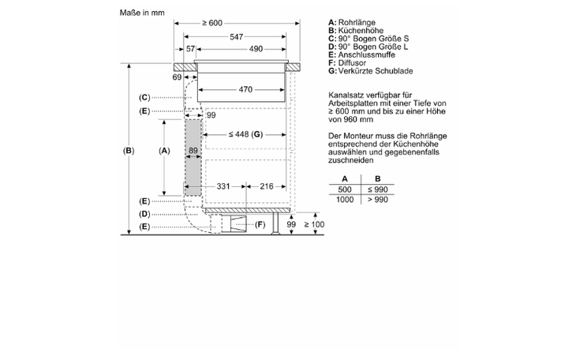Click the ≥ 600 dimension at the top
point(212,23)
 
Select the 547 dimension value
point(236,37)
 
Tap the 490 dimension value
point(256,49)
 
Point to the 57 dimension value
point(190,49)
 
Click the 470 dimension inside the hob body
point(245,89)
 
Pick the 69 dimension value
point(177,77)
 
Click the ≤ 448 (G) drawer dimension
point(245,134)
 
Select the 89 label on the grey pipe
point(193,151)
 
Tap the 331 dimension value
point(223,186)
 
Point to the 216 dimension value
point(267,186)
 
